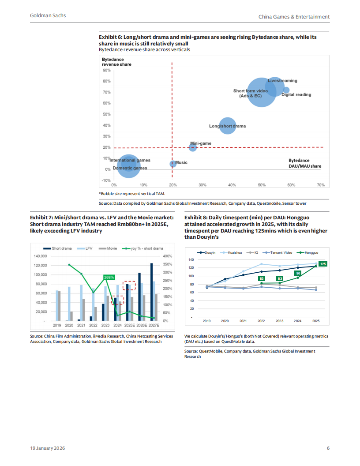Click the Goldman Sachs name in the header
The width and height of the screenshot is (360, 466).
pos(48,15)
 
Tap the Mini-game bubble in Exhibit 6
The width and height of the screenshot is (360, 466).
pos(193,147)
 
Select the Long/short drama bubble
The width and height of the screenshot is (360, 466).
pos(227,126)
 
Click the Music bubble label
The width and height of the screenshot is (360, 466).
pos(181,163)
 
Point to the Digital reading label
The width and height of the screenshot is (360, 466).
pos(296,95)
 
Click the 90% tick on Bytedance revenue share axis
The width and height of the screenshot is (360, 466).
pos(106,70)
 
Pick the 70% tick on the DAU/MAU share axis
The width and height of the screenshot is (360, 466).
pos(321,185)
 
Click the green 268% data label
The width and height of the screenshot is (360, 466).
pos(109,277)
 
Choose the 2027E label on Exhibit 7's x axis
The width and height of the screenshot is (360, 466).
pos(154,325)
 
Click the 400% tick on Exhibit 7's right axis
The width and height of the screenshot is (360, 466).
pos(167,256)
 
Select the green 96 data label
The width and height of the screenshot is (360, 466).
pos(298,273)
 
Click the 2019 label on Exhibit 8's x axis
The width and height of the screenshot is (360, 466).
pos(207,321)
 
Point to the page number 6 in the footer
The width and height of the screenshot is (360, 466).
pos(328,448)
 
